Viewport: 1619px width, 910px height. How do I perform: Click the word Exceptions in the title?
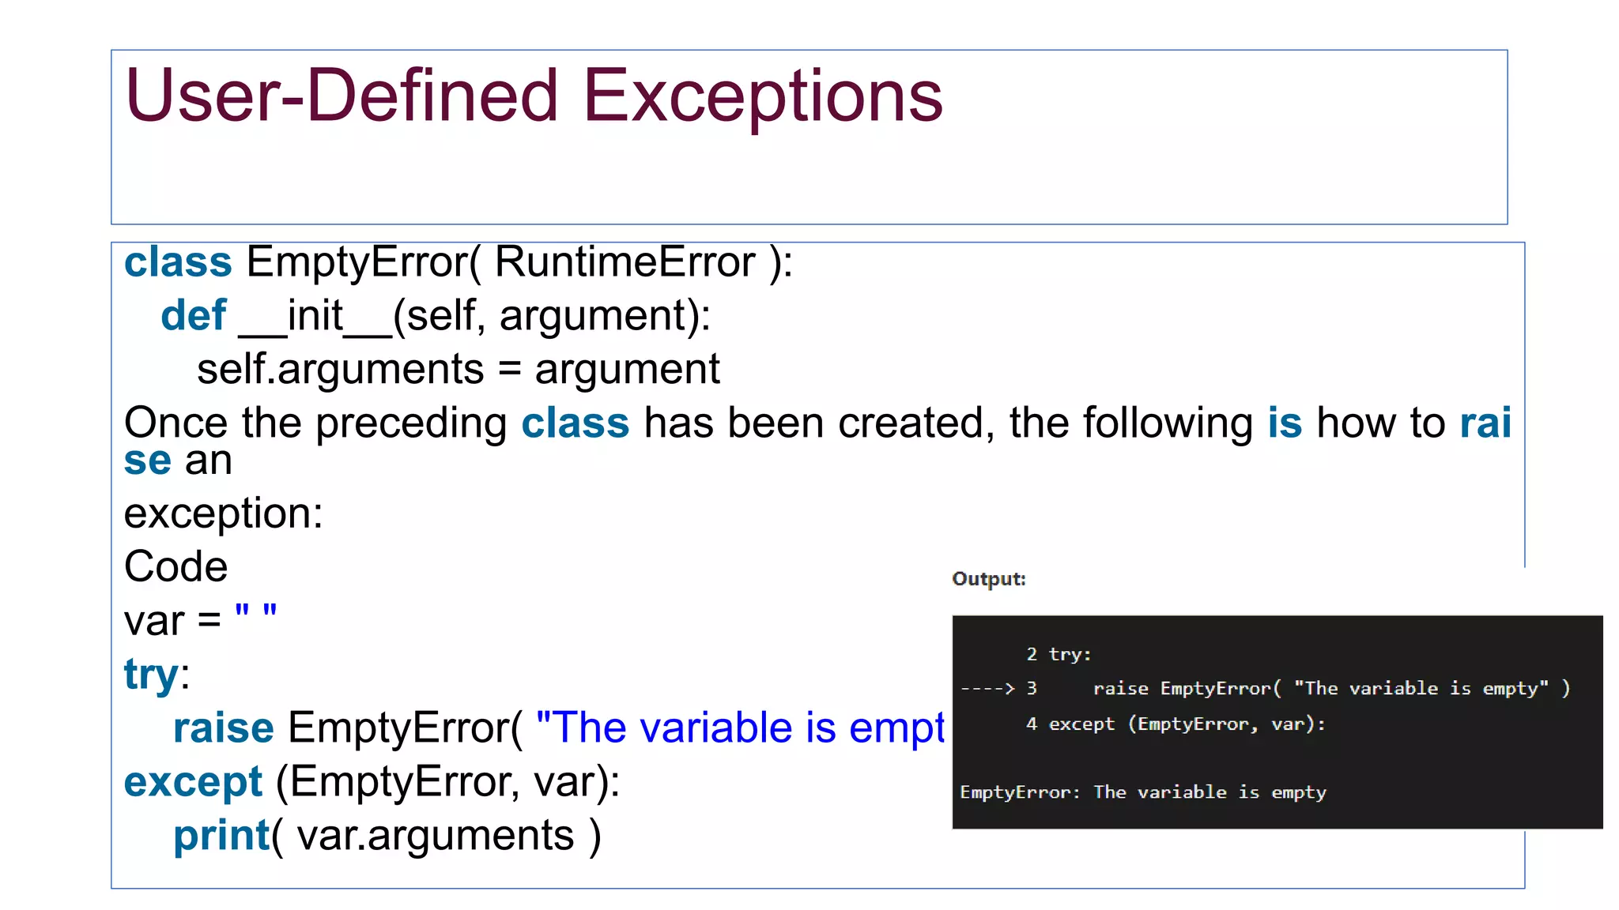click(762, 96)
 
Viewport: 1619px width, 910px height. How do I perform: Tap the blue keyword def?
click(193, 316)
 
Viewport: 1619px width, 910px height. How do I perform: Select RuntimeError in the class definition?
click(625, 262)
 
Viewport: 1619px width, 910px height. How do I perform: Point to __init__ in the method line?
click(315, 316)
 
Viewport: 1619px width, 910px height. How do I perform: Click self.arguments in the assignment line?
click(340, 370)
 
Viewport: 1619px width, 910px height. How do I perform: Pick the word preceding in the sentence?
click(411, 423)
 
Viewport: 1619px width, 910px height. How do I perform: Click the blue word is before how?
click(1284, 423)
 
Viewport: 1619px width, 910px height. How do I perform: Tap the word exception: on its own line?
click(223, 513)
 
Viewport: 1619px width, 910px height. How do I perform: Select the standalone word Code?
click(175, 567)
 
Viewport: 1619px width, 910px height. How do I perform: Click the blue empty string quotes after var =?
click(255, 613)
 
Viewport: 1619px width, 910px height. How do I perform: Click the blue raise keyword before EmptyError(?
click(223, 728)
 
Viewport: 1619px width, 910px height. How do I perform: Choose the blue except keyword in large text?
click(193, 782)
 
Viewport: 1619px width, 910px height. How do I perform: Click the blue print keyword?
click(221, 836)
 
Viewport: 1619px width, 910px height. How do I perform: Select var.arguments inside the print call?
click(435, 836)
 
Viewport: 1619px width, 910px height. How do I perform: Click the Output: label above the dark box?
click(988, 579)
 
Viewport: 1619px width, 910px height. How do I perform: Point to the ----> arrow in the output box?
click(987, 689)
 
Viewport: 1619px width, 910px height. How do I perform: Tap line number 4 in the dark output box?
click(1031, 724)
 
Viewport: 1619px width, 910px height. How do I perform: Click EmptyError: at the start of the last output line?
click(1019, 792)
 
